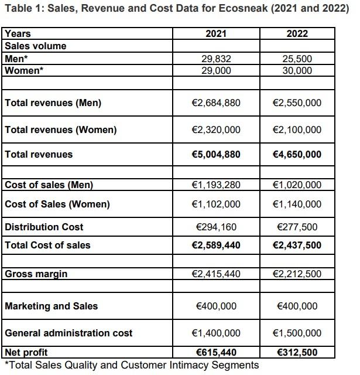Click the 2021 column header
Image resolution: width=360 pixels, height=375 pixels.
click(x=216, y=34)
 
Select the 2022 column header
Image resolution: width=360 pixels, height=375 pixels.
click(x=297, y=34)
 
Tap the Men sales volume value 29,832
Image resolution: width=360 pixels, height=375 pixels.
click(x=216, y=59)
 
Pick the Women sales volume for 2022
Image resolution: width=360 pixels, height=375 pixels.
click(x=297, y=70)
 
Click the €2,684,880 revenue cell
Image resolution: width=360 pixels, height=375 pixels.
click(x=216, y=103)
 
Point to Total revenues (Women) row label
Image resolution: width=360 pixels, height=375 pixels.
click(x=61, y=130)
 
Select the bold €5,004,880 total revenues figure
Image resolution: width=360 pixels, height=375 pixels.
click(x=216, y=155)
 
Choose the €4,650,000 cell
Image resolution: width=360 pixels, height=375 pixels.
click(x=297, y=155)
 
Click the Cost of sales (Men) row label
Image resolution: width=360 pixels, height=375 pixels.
click(x=49, y=185)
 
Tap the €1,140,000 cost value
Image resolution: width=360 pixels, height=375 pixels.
click(x=297, y=204)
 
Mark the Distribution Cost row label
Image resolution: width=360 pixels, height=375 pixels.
click(x=44, y=227)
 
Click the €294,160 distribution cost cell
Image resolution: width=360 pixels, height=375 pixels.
click(x=216, y=227)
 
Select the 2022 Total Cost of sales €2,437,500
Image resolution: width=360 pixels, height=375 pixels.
click(x=297, y=246)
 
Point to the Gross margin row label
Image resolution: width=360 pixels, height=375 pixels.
click(x=36, y=274)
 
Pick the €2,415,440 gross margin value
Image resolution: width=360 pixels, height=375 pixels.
click(x=216, y=274)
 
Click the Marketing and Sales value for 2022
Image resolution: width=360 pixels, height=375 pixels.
click(x=297, y=306)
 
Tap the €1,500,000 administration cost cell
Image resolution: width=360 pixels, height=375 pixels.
click(x=297, y=333)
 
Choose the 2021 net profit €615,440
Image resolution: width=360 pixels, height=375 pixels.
click(x=216, y=353)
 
